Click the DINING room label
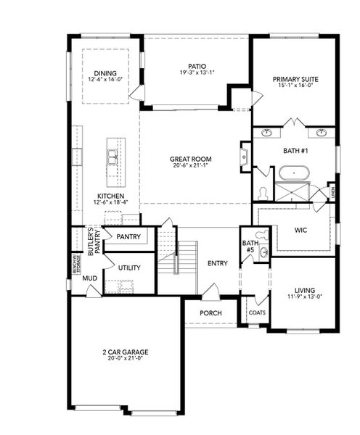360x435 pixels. pyautogui.click(x=106, y=72)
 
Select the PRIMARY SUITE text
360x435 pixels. pyautogui.click(x=295, y=79)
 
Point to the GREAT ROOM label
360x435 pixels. pyautogui.click(x=191, y=159)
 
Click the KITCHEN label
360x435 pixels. pyautogui.click(x=110, y=196)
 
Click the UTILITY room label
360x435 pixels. pyautogui.click(x=130, y=268)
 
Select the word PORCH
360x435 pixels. pyautogui.click(x=210, y=312)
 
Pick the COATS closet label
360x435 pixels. pyautogui.click(x=257, y=312)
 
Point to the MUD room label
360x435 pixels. pyautogui.click(x=89, y=278)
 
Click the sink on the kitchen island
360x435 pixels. pyautogui.click(x=113, y=154)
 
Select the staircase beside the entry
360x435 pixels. pyautogui.click(x=186, y=257)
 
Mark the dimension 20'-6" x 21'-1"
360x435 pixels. pyautogui.click(x=191, y=165)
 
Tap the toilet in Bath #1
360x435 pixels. pyautogui.click(x=263, y=193)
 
